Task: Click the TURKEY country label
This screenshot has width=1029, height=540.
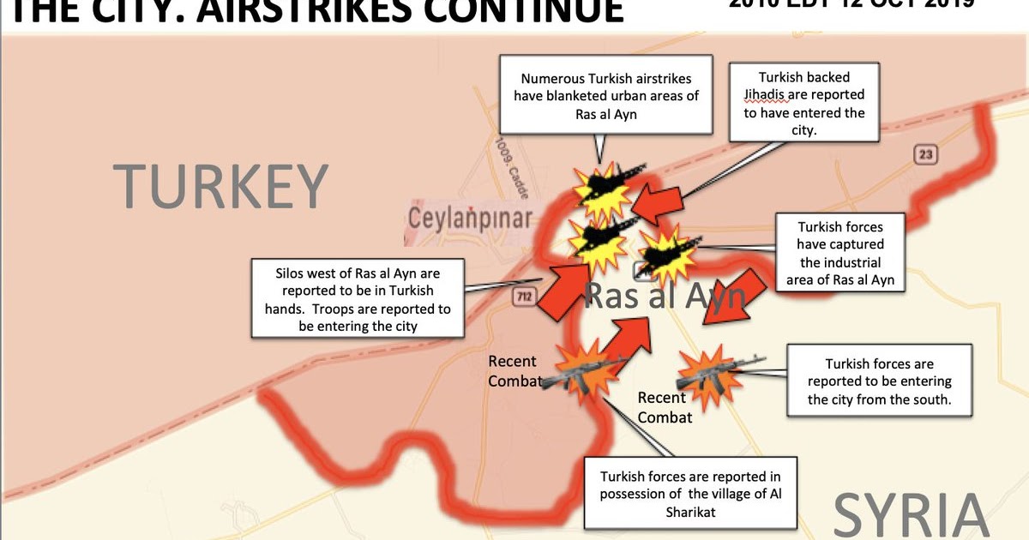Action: [x=220, y=187]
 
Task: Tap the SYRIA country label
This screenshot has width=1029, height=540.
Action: [x=911, y=515]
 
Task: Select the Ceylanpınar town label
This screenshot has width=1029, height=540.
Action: [x=469, y=219]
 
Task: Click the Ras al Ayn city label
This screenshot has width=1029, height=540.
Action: [x=662, y=297]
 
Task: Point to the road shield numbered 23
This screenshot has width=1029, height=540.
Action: [x=926, y=154]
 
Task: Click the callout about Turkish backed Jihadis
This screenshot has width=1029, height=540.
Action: [x=804, y=101]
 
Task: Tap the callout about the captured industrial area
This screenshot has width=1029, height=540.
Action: [x=840, y=252]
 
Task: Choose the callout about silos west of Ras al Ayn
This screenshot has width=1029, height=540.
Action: [x=358, y=297]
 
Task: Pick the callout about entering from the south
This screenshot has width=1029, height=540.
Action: [x=879, y=381]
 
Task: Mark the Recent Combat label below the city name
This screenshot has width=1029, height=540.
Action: [x=663, y=407]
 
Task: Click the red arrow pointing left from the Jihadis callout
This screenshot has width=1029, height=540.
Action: [x=659, y=203]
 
